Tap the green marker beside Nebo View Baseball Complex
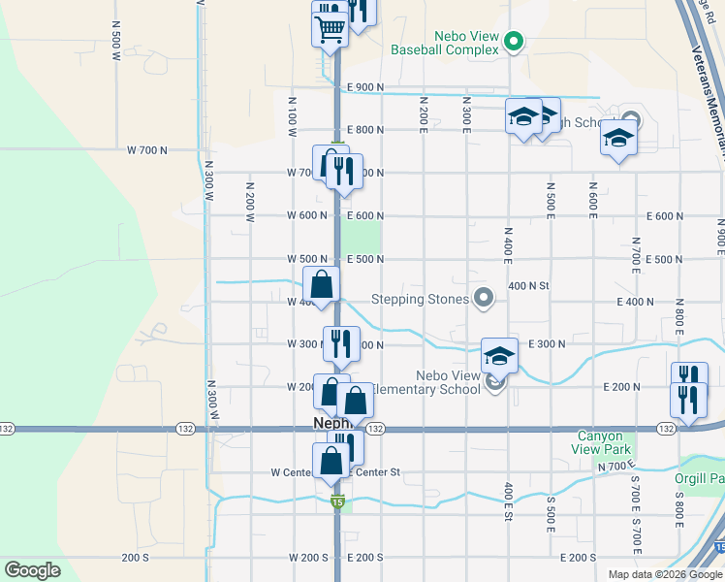516,41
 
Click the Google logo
33,570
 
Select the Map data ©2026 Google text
664,574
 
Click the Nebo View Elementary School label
448,382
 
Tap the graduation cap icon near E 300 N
500,356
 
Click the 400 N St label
528,286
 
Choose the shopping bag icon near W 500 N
322,285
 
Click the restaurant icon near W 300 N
340,343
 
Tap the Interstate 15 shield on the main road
336,501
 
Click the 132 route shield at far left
7,428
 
